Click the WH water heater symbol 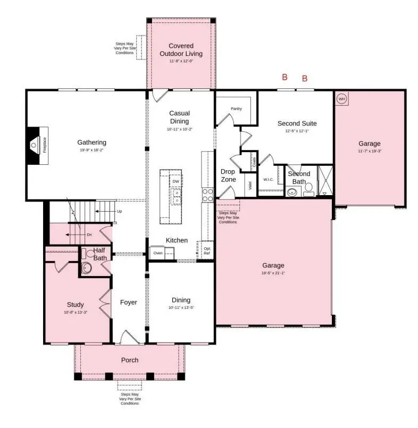(x=341, y=98)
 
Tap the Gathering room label (x=91, y=142)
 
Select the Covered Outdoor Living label (x=181, y=49)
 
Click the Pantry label (x=236, y=109)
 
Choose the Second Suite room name (x=297, y=123)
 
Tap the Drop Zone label (x=228, y=175)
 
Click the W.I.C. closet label (x=268, y=179)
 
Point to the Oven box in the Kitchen (x=158, y=253)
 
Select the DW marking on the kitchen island (x=175, y=182)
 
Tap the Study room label (x=75, y=305)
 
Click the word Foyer (x=128, y=303)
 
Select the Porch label (x=129, y=360)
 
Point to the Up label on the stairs (x=120, y=211)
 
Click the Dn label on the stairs (x=89, y=234)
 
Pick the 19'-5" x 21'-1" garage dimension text (x=273, y=273)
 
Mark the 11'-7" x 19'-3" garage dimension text (x=369, y=151)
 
